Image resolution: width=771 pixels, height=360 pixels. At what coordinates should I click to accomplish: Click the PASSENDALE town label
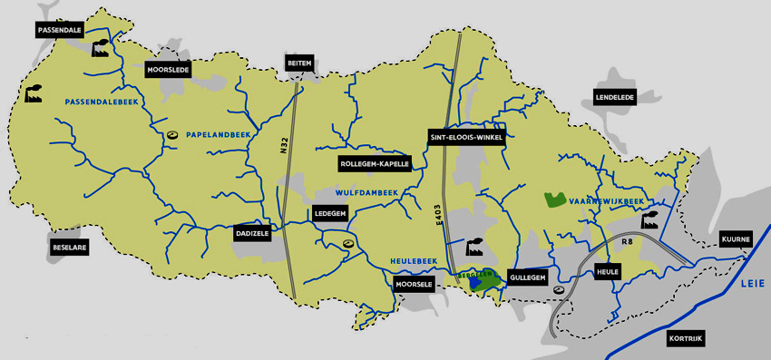[x=60, y=30]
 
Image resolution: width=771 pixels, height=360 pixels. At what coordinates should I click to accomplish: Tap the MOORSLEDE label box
[x=167, y=69]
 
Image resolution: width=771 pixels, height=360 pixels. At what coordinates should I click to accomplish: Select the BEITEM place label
[x=299, y=62]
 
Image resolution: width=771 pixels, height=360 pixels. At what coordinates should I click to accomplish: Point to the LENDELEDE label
[x=614, y=96]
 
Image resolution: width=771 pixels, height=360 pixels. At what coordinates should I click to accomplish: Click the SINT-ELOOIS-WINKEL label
[x=466, y=137]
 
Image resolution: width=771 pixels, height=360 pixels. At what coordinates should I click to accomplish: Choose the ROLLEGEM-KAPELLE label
[x=375, y=164]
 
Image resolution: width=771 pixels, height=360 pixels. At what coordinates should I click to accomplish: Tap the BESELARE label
[x=68, y=246]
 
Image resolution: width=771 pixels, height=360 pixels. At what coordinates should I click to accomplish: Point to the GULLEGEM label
[x=527, y=277]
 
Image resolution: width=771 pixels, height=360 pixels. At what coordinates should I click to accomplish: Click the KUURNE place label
[x=736, y=239]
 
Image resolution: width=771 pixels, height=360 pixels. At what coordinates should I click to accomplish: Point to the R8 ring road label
[x=626, y=243]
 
